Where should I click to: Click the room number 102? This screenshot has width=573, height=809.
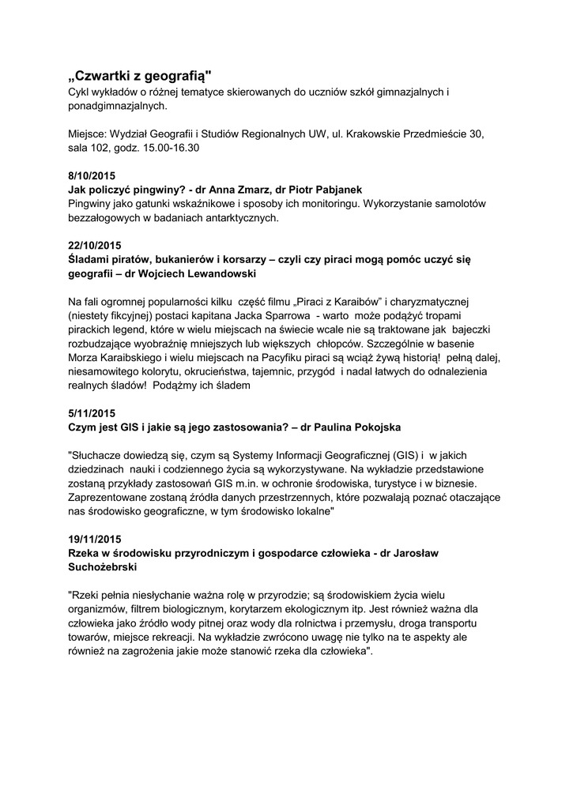coord(103,148)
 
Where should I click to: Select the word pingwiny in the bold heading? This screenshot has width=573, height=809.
coord(162,190)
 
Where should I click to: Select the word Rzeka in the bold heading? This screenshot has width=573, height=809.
coord(86,554)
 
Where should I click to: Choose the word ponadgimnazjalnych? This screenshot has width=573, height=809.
coord(116,105)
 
